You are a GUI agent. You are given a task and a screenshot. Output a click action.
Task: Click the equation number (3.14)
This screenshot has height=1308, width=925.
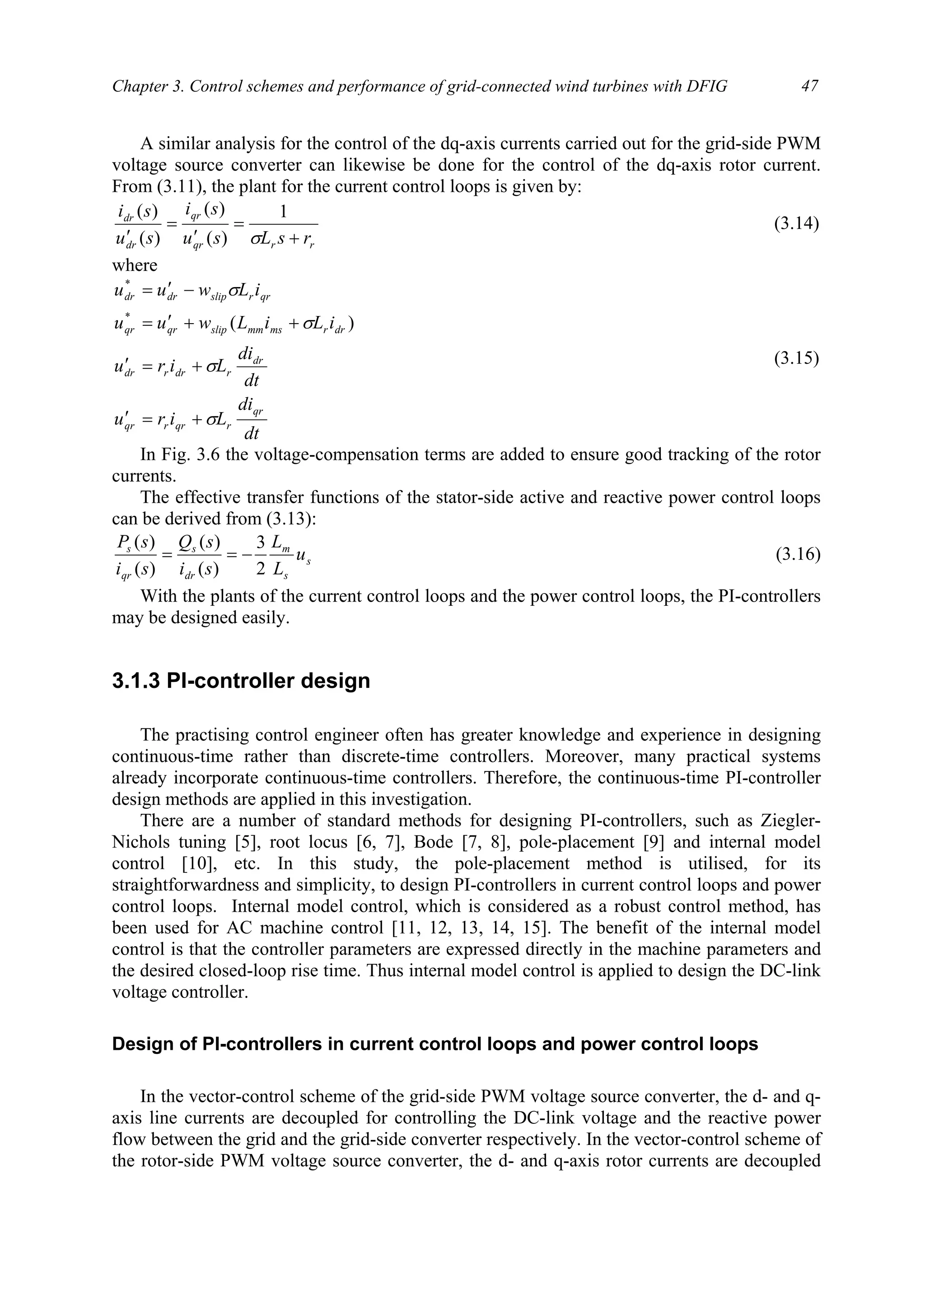[796, 223]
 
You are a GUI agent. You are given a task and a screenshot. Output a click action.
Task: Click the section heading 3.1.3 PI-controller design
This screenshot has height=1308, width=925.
[241, 681]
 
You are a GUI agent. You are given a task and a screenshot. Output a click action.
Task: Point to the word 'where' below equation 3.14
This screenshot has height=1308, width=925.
[135, 265]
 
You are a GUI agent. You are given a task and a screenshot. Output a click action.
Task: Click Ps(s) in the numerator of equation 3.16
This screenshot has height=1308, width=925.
[135, 541]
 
